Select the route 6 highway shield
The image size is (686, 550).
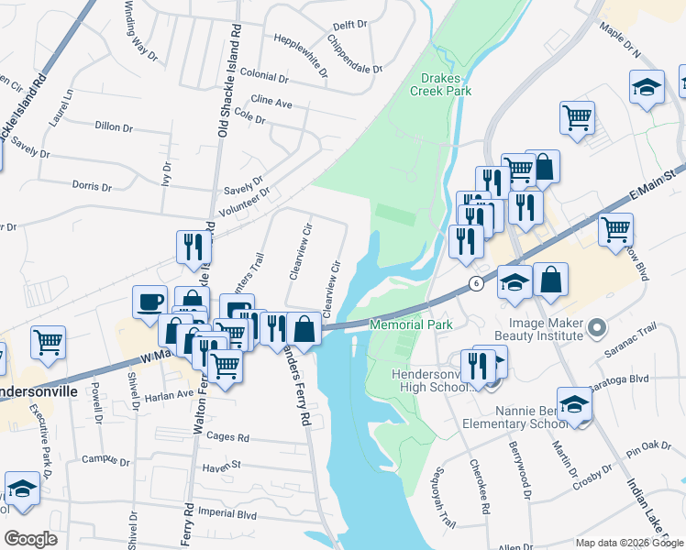tap(476, 283)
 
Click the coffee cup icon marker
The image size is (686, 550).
tap(149, 302)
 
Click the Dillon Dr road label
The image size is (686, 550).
tap(114, 126)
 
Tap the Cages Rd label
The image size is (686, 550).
tap(228, 438)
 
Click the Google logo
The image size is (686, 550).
tap(31, 539)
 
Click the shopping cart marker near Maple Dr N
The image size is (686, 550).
tap(577, 116)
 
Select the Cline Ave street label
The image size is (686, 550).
tap(271, 103)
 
